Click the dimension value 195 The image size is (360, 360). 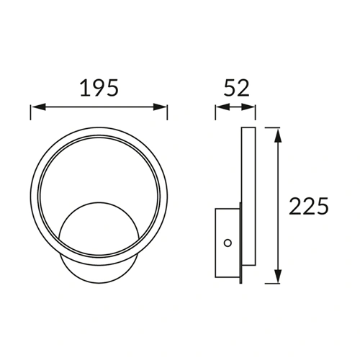click(x=99, y=89)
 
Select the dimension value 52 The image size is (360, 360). click(x=235, y=89)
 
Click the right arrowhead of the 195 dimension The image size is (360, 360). click(x=163, y=109)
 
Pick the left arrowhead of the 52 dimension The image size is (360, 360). click(x=220, y=109)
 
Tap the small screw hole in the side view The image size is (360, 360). click(x=228, y=243)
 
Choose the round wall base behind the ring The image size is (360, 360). click(x=94, y=234)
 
